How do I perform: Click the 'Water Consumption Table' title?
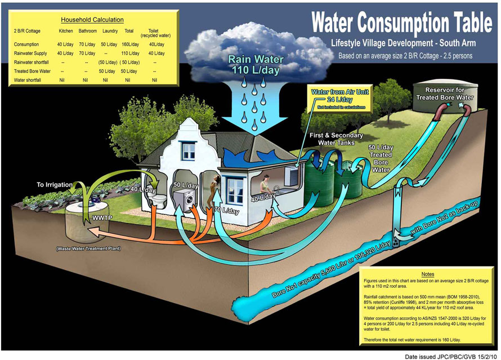[x=401, y=23]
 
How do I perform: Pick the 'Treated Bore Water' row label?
[x=33, y=72]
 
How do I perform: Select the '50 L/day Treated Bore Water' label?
[x=381, y=158]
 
